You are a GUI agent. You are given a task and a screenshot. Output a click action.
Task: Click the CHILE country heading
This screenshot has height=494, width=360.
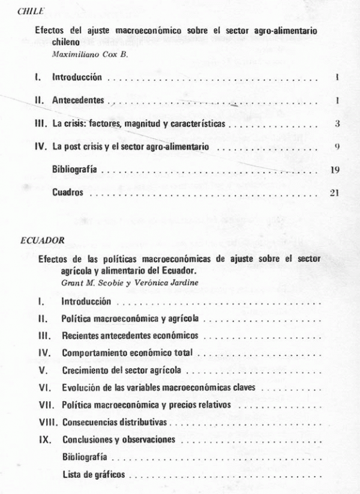tap(29, 10)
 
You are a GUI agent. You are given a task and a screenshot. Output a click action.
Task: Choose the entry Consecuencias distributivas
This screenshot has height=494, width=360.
tap(115, 423)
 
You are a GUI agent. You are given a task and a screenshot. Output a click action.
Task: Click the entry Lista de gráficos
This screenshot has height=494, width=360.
tap(94, 474)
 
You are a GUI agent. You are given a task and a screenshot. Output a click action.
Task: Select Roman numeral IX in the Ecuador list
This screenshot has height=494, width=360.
tap(43, 439)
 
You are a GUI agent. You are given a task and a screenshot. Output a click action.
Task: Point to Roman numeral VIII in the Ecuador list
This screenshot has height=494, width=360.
tap(47, 423)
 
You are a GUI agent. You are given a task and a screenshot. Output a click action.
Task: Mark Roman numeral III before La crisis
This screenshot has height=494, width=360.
tap(40, 123)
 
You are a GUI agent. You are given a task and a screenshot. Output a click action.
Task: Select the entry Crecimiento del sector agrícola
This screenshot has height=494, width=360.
tap(122, 370)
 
